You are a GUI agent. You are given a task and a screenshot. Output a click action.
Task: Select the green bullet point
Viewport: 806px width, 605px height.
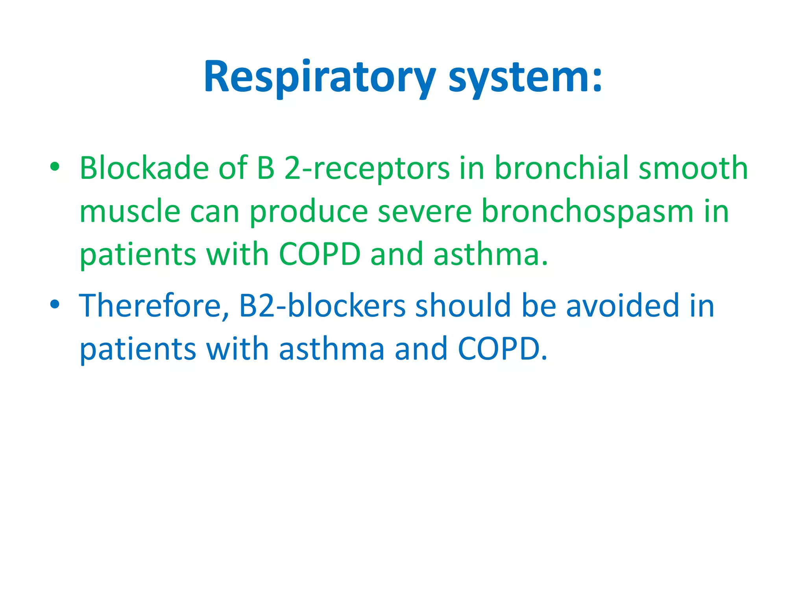point(55,167)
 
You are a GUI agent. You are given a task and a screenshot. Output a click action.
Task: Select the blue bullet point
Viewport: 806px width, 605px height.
point(55,304)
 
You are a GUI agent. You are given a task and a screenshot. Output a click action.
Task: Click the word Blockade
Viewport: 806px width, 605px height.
point(144,168)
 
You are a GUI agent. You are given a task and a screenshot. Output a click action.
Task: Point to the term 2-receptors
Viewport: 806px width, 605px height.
point(366,168)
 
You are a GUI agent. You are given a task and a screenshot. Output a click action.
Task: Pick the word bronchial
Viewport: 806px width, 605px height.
point(561,168)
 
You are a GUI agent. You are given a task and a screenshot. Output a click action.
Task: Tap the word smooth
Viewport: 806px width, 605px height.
point(693,168)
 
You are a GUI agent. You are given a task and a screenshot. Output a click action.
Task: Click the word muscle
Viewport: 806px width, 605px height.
point(130,212)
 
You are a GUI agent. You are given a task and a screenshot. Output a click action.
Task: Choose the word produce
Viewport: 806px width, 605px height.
point(309,212)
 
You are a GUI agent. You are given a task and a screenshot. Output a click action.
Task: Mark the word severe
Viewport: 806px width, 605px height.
point(424,212)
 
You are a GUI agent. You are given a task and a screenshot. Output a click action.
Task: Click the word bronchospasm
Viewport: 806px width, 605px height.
point(587,212)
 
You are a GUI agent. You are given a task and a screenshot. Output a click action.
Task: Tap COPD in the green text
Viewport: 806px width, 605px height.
point(320,254)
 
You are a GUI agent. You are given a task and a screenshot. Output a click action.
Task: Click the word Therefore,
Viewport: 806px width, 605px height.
point(154,306)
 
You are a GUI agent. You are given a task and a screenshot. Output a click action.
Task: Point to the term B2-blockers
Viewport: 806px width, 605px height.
point(322,306)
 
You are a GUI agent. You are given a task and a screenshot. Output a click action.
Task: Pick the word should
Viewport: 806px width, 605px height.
point(463,306)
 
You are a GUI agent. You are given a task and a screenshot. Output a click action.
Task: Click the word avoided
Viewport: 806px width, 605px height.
point(623,306)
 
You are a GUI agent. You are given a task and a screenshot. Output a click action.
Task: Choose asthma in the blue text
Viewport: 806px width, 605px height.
point(332,349)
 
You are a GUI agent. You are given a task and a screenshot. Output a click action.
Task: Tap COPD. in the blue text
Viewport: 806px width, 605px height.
point(503,349)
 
